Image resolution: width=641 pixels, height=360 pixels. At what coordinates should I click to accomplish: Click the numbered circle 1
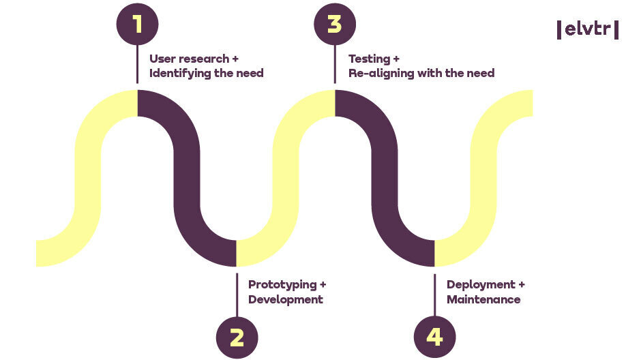(137, 24)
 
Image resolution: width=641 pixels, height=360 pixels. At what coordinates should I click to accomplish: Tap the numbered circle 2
(237, 337)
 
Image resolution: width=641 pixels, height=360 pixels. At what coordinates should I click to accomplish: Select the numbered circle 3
(334, 24)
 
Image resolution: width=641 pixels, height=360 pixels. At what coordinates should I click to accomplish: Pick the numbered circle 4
(434, 337)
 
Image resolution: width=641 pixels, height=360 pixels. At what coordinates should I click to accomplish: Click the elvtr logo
(588, 29)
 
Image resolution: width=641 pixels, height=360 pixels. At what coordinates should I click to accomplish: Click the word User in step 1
(163, 59)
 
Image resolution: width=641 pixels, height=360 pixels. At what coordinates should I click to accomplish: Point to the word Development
(285, 299)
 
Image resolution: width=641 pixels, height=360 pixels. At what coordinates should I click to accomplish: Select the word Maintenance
(483, 299)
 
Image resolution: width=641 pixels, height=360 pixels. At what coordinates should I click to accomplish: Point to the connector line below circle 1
(137, 64)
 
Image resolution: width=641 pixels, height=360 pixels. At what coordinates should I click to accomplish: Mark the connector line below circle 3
(334, 64)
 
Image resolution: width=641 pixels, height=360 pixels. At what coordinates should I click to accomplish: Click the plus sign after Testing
(396, 59)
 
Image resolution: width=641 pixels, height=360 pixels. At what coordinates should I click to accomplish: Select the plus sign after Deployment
(522, 284)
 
